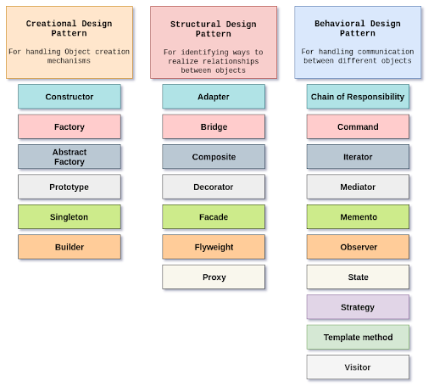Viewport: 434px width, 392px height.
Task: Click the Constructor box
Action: (70, 97)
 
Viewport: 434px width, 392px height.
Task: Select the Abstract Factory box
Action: (70, 157)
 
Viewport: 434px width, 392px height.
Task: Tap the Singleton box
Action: (70, 217)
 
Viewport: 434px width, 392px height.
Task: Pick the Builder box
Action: (70, 247)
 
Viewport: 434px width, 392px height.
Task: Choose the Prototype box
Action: (70, 187)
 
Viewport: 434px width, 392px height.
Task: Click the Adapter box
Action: (214, 97)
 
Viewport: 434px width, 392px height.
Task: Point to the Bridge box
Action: (214, 126)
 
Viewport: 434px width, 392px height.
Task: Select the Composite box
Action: (214, 157)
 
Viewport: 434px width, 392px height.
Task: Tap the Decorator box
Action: (214, 187)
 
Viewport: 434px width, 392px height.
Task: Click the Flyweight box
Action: (214, 247)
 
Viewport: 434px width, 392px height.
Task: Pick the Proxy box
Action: (214, 277)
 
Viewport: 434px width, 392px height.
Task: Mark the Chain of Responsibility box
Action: (358, 97)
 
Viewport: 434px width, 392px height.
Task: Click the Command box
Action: (358, 126)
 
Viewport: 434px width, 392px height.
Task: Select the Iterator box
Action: (358, 157)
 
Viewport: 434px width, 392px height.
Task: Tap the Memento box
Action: (358, 217)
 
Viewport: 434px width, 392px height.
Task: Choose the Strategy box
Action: (358, 307)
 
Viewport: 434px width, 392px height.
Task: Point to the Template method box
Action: (358, 338)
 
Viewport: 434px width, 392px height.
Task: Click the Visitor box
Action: (358, 367)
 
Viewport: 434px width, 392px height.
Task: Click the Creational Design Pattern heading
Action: (70, 29)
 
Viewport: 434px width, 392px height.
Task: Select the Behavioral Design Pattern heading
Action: (358, 29)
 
